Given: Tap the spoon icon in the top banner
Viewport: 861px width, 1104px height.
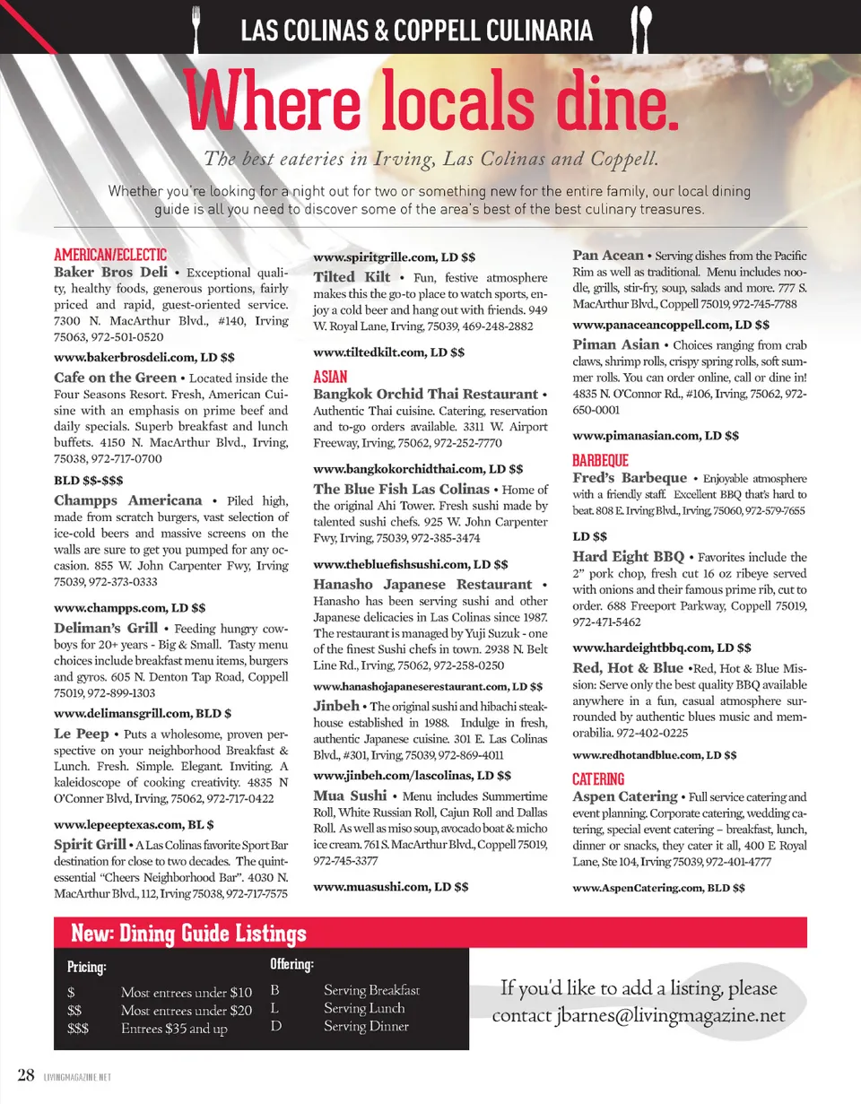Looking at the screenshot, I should tap(641, 30).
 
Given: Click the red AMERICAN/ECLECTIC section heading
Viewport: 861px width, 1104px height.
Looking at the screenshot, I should tap(110, 255).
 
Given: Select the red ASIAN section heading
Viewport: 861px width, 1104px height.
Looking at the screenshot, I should tap(330, 377).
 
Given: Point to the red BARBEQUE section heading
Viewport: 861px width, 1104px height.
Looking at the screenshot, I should tap(601, 459).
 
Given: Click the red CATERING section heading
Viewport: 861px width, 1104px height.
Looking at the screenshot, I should tap(598, 778).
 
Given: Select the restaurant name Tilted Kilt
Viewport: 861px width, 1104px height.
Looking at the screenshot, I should tap(352, 276).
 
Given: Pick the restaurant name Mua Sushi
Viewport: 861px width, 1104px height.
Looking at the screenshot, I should tap(350, 795).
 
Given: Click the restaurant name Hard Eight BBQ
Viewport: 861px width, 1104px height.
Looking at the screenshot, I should tap(629, 556).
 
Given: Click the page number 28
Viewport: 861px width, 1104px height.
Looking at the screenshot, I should tap(27, 1074).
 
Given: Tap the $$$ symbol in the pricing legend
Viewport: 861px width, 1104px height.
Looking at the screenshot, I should tap(78, 1029).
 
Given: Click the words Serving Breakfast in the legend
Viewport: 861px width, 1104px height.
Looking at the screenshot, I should tap(371, 991).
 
